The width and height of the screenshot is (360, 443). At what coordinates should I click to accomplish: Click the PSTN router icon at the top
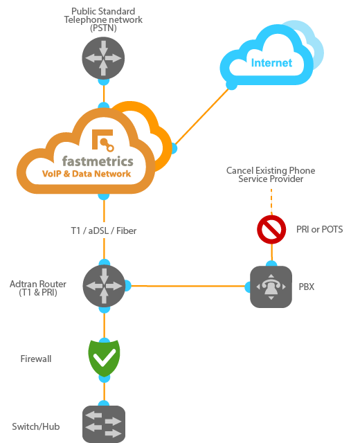coord(104,57)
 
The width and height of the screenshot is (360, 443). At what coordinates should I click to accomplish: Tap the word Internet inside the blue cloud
coord(271,63)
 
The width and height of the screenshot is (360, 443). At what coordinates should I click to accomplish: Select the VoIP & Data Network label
coord(87,174)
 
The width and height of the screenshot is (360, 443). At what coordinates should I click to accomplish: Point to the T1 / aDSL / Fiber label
coord(103,230)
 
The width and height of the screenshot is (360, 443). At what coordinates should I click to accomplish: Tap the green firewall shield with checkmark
coord(105,356)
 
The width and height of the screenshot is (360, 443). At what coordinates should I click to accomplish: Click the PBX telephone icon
coord(271,286)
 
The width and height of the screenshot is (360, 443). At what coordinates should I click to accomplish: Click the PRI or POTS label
coord(318,229)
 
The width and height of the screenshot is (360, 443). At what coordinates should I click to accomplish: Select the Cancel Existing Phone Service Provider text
coord(271,174)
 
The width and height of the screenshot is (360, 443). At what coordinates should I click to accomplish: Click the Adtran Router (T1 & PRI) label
coord(38,288)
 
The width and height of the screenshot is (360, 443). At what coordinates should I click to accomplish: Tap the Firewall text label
coord(35,359)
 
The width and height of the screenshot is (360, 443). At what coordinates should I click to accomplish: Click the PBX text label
coord(306,286)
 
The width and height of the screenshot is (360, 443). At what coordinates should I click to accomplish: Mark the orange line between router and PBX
coord(187,285)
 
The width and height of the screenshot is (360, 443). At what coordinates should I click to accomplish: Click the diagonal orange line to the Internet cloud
coord(202,116)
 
